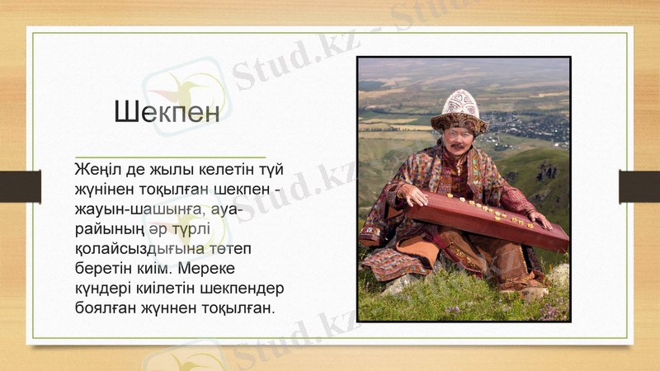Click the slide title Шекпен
pos(167,111)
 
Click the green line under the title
pos(170,156)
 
